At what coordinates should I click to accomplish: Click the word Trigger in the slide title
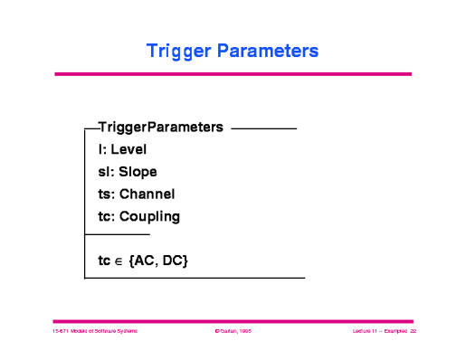[179, 51]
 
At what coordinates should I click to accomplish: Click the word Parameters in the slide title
[267, 51]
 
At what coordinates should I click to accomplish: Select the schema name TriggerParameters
[160, 128]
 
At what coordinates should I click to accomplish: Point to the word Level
[128, 149]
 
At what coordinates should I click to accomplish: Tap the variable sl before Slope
[104, 171]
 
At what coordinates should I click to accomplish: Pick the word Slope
[138, 171]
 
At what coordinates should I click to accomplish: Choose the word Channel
[147, 194]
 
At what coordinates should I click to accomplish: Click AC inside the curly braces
[147, 261]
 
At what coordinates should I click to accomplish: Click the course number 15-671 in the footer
[62, 332]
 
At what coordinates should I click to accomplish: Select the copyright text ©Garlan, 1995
[233, 332]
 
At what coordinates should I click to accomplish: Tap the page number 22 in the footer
[412, 332]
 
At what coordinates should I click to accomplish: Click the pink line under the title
[233, 73]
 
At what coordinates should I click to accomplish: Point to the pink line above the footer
[233, 320]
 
